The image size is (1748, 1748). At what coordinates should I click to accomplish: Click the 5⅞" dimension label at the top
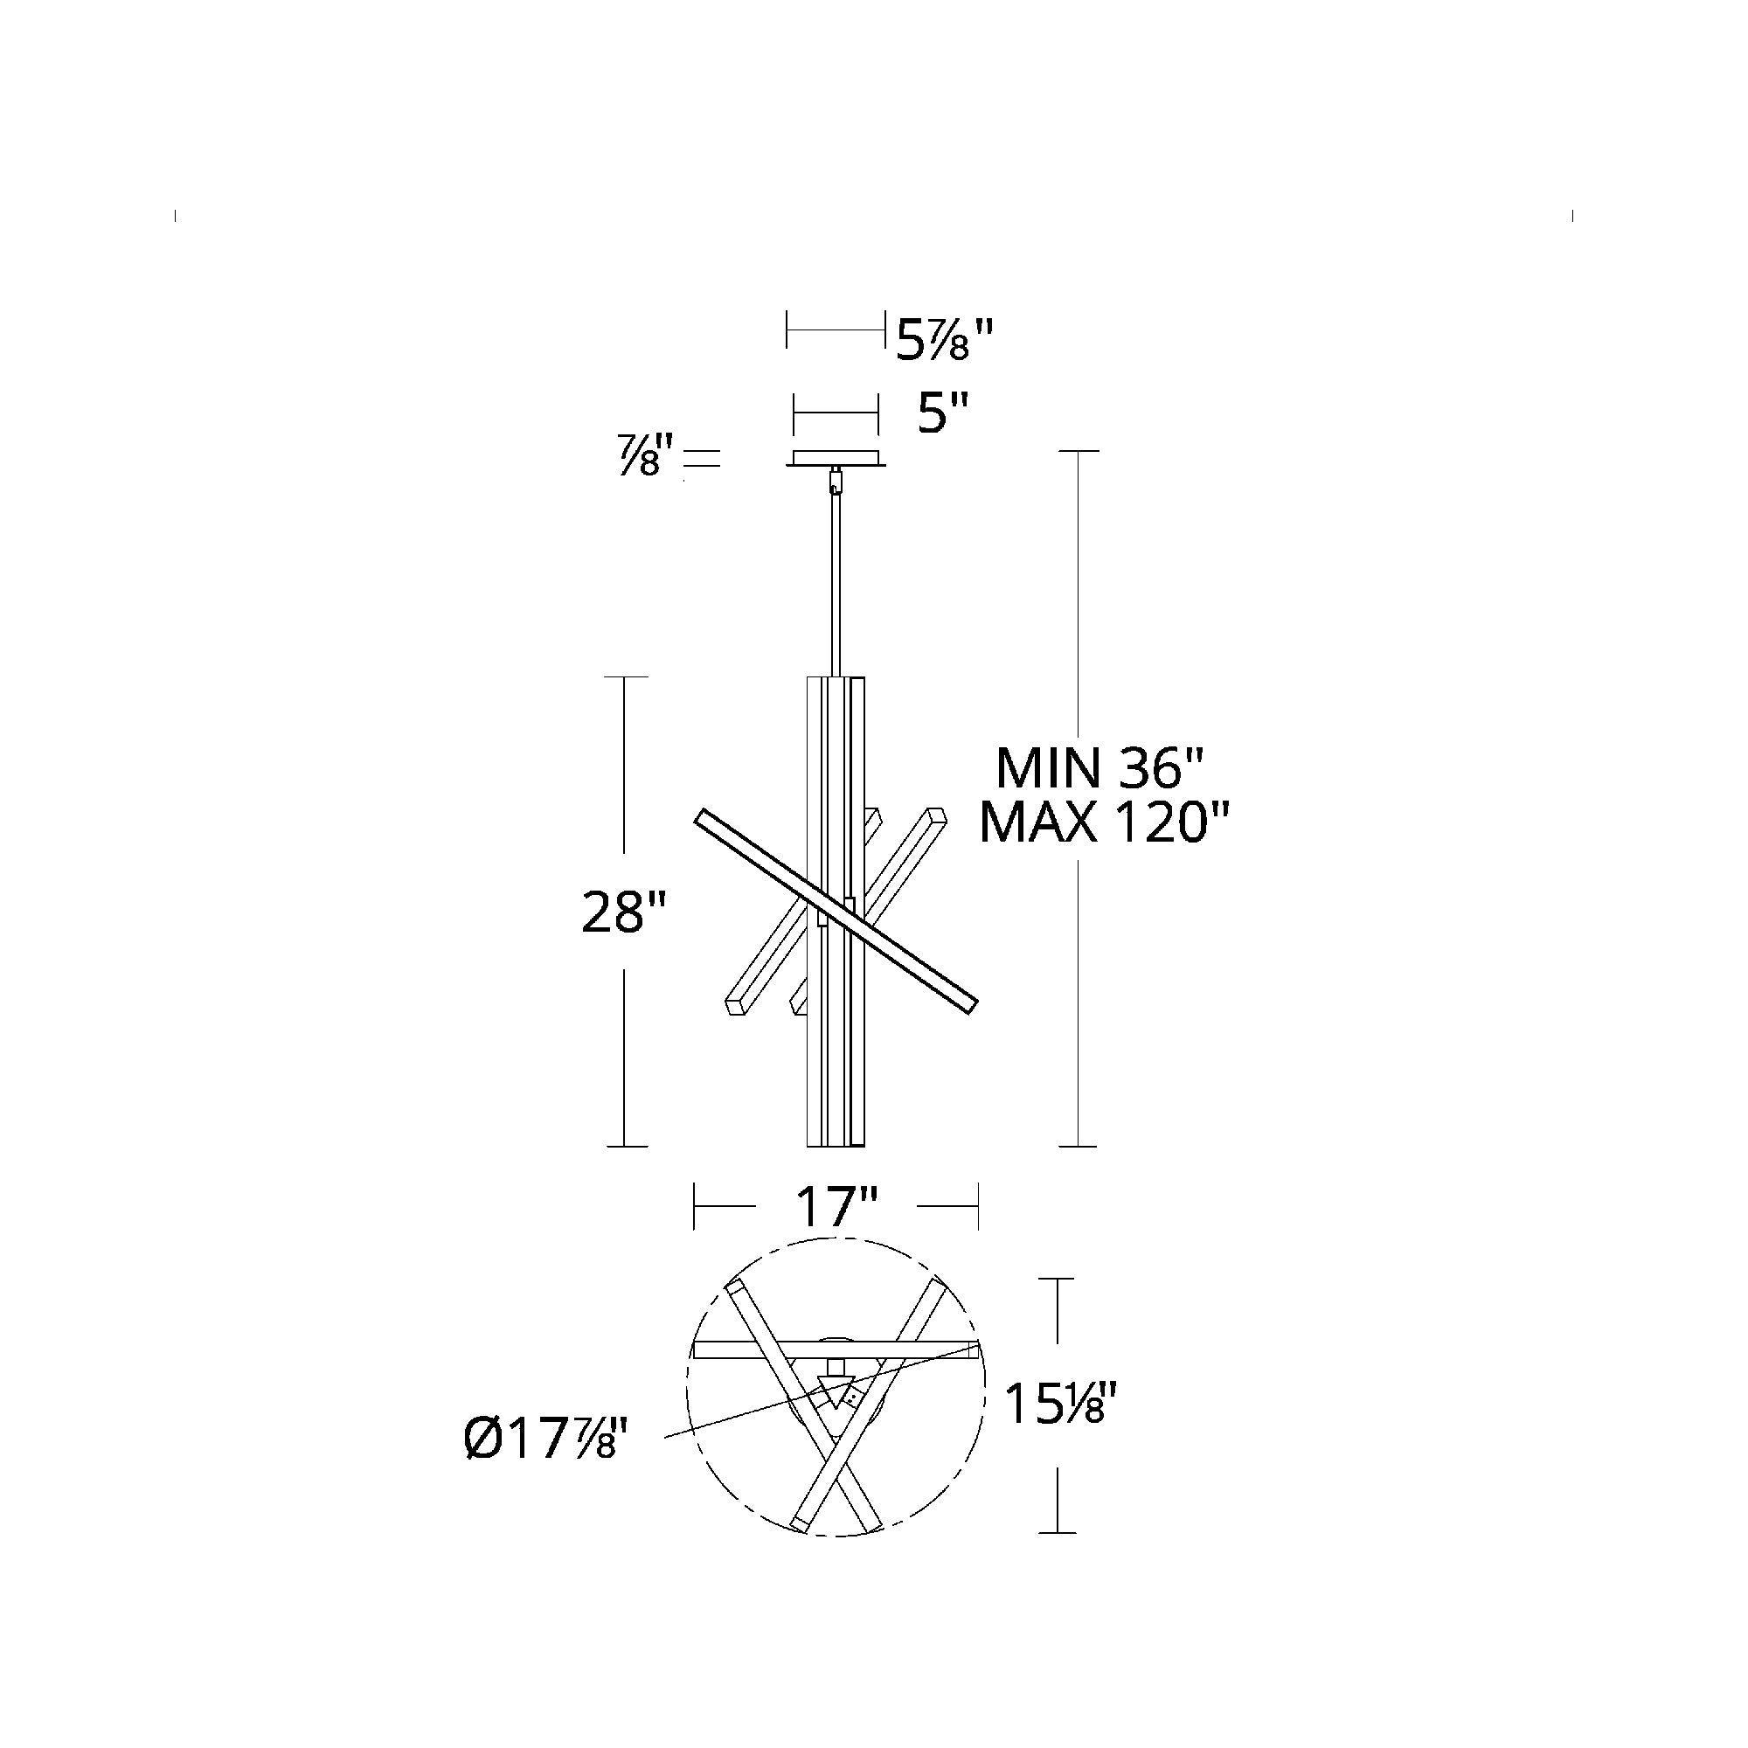pos(945,340)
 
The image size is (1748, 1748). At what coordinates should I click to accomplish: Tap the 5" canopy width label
pos(943,415)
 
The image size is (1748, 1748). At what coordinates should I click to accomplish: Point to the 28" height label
pos(624,912)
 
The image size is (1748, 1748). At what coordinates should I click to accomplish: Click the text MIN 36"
pos(1101,768)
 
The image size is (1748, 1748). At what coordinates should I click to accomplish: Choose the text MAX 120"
pos(1105,822)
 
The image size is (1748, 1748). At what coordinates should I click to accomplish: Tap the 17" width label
pos(837,1206)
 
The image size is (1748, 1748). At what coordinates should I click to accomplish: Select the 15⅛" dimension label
pos(1055,1431)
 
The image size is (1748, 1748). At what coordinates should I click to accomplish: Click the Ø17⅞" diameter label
pos(545,1461)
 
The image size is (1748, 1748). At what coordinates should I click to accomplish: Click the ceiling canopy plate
pos(836,459)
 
